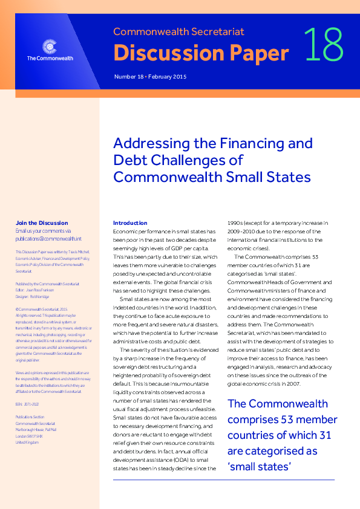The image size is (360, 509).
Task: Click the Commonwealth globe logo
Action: click(x=50, y=46)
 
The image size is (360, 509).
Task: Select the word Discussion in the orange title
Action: click(x=157, y=53)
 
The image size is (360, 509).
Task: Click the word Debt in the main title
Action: click(x=129, y=160)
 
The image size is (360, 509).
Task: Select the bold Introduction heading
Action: click(x=130, y=223)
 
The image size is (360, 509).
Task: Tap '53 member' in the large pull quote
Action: click(x=304, y=420)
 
